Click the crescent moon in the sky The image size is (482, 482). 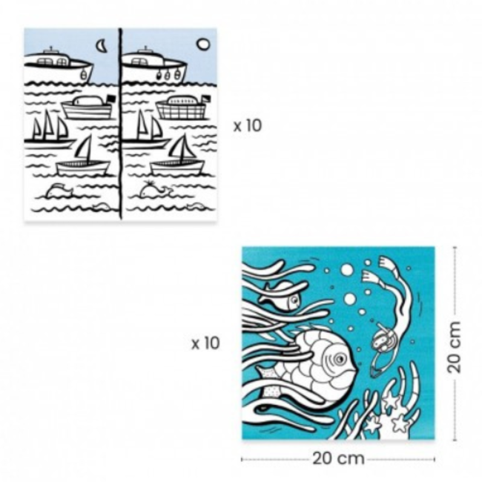pos(101,46)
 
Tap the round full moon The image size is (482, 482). pos(202,44)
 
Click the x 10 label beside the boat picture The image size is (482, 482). pos(248,125)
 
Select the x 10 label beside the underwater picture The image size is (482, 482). pos(205,343)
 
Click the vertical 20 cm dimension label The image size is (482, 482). pos(455,346)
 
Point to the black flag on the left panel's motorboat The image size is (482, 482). pos(110,99)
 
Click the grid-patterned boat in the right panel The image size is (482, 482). pos(179,108)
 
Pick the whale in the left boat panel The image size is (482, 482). pos(57,191)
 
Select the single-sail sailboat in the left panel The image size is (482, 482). pos(82,159)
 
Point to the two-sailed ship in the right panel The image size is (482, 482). pos(145,128)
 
